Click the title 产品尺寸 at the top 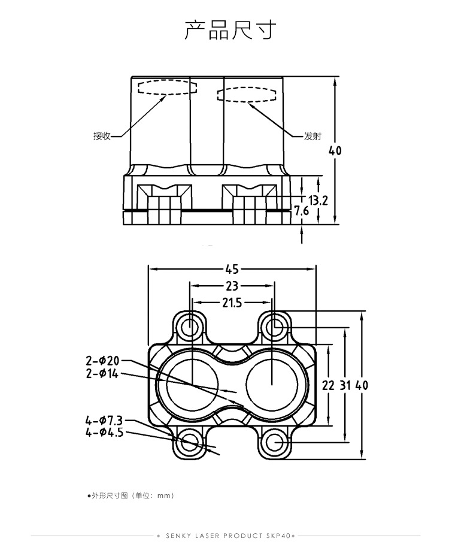pyautogui.click(x=230, y=30)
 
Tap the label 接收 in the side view pyautogui.click(x=102, y=135)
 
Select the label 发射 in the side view pyautogui.click(x=313, y=136)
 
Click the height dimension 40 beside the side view pyautogui.click(x=335, y=150)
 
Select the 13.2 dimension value pyautogui.click(x=318, y=201)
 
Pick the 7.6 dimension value pyautogui.click(x=301, y=211)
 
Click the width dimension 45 pyautogui.click(x=232, y=269)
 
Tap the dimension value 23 pyautogui.click(x=232, y=286)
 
